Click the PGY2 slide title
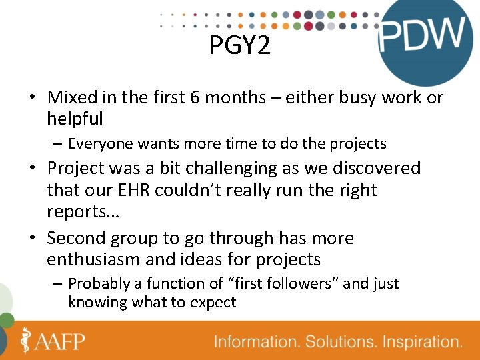tap(240, 46)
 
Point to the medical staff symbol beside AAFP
tap(26, 340)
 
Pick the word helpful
tap(75, 119)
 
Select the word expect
tap(214, 302)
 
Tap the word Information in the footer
tap(257, 342)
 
